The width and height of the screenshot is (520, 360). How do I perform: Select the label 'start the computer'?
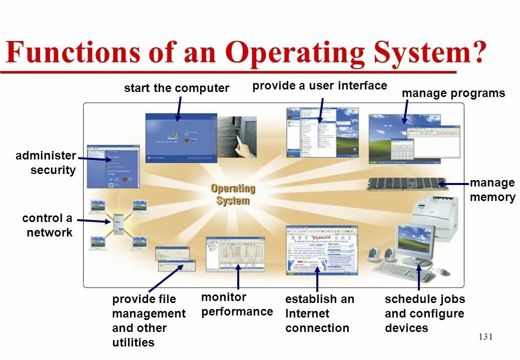click(176, 88)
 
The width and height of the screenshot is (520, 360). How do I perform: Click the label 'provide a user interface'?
click(319, 85)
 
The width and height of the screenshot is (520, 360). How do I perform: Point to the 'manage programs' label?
click(453, 93)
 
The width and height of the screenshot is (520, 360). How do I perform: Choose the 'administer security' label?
click(46, 163)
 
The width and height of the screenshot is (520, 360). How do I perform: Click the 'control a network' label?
click(48, 225)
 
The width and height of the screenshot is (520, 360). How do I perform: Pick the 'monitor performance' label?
click(237, 304)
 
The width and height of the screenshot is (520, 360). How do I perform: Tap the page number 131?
click(485, 336)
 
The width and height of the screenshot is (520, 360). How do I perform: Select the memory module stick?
click(405, 183)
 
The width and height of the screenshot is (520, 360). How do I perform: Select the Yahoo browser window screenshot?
click(321, 249)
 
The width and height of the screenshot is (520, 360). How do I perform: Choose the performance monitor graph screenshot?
click(235, 253)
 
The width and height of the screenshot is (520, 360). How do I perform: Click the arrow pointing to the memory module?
click(453, 184)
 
